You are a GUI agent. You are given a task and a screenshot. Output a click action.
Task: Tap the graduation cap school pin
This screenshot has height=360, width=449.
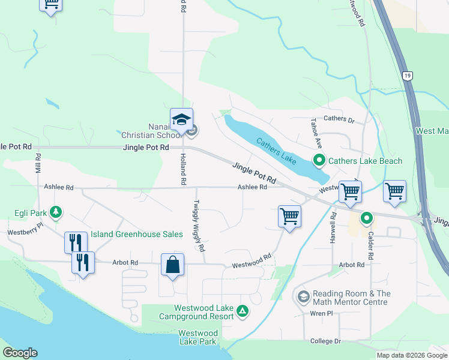[x=181, y=119]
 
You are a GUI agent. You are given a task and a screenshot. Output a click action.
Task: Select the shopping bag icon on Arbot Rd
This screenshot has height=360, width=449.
[x=172, y=265]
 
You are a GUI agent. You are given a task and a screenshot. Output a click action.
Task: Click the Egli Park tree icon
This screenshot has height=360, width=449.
[x=56, y=212]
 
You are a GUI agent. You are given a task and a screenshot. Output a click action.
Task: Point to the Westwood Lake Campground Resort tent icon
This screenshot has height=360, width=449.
[x=243, y=310]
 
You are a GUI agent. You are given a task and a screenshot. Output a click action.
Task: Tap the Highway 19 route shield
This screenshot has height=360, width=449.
[x=408, y=76]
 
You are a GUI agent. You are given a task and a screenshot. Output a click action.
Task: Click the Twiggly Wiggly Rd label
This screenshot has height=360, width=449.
[x=201, y=226]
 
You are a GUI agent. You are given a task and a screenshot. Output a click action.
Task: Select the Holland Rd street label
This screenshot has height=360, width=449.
[x=181, y=169]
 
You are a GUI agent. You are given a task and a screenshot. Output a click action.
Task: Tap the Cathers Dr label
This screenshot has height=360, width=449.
[x=339, y=120]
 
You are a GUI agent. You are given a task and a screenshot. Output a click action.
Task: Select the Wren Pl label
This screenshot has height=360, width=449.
[x=322, y=314]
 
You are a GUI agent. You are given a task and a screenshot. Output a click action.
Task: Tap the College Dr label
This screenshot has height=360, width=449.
[x=325, y=341]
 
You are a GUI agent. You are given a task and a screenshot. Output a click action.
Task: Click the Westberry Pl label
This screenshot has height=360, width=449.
[x=25, y=227]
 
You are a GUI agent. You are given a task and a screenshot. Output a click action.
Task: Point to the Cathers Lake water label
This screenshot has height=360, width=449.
[x=277, y=149]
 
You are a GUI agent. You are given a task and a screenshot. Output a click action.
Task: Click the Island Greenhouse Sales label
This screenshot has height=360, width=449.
[x=137, y=234]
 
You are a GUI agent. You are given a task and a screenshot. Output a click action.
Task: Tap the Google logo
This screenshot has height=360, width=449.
[x=20, y=353]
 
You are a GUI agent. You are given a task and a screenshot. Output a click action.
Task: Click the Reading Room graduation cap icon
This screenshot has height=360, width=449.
[x=303, y=297]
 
